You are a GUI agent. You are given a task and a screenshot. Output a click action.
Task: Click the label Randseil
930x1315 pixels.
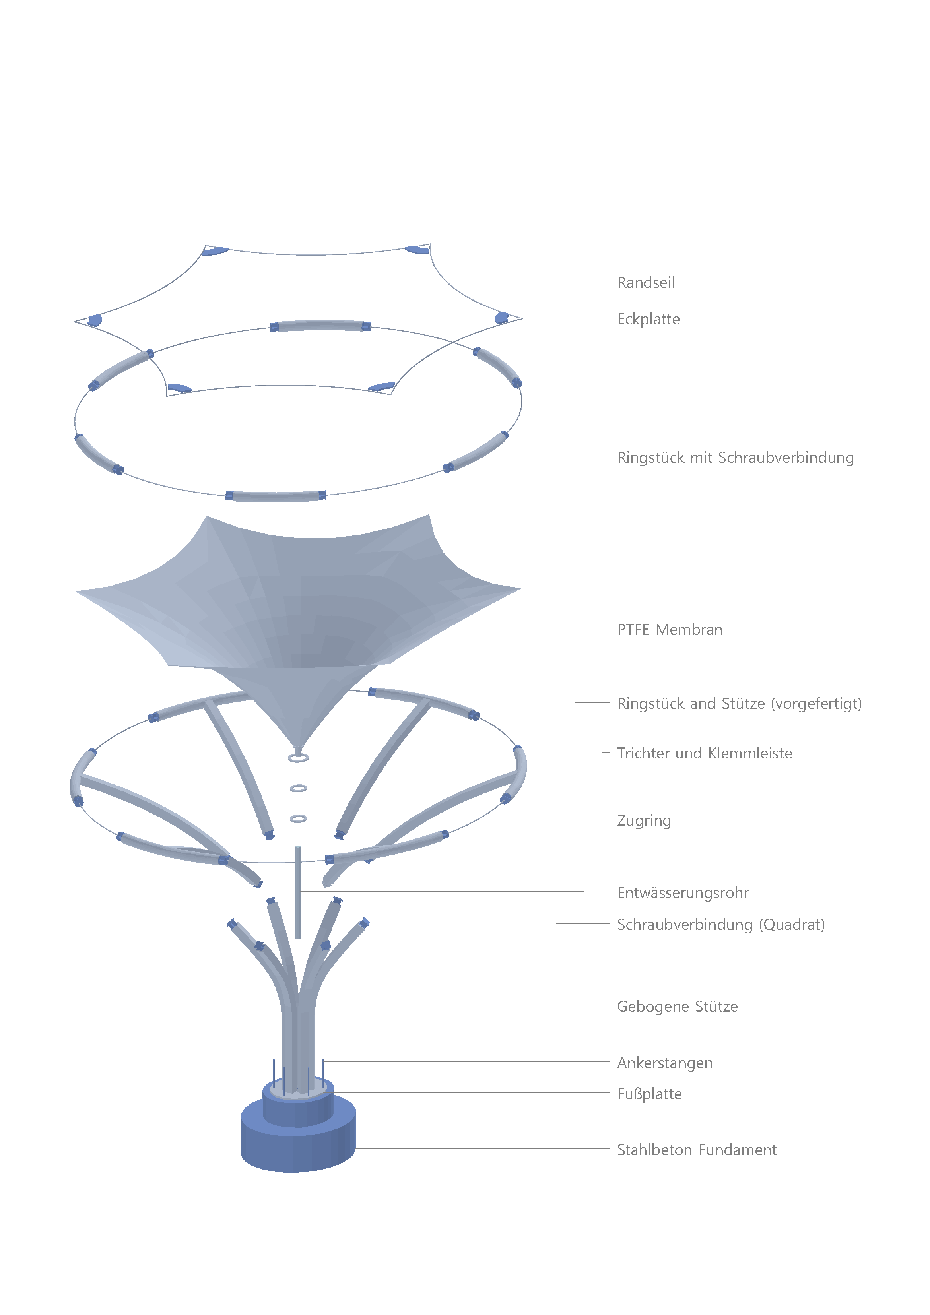coord(646,282)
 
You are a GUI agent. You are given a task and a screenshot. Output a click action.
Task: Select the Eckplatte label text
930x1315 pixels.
coord(648,319)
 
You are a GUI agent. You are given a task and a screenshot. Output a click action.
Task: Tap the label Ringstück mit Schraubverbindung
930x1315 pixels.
coord(735,458)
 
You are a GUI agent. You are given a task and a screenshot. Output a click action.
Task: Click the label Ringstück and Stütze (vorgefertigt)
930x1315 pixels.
coord(739,703)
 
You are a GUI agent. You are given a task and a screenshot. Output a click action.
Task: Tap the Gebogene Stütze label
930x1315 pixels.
coord(677,1006)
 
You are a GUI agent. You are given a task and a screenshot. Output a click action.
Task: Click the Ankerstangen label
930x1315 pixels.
coord(665,1063)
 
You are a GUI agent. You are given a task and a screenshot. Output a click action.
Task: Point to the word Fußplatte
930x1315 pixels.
coord(649,1094)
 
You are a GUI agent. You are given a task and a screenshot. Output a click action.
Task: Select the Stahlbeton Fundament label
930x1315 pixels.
coord(697,1150)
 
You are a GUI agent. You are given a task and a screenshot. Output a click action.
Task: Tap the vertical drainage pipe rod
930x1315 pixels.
coord(298,892)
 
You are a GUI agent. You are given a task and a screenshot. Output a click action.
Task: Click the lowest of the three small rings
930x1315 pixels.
coord(298,819)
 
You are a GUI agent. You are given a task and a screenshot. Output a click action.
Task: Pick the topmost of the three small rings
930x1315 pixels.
coord(298,758)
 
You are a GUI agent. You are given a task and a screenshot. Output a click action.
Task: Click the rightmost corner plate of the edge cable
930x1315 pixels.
coord(502,317)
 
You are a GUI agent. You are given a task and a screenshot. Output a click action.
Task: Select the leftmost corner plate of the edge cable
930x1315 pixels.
coord(95,320)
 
